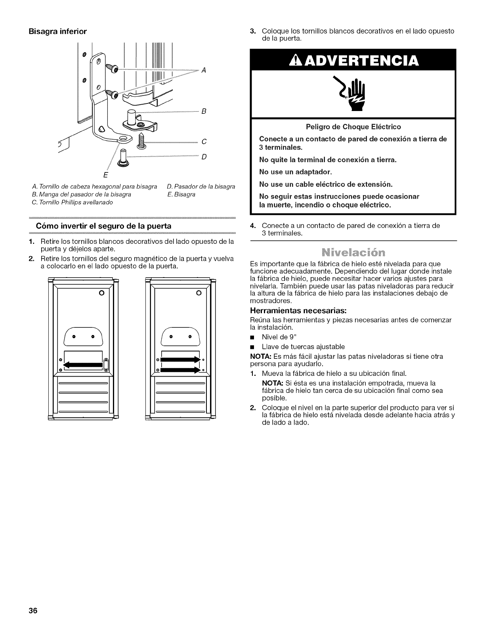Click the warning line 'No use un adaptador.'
coord(295,172)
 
